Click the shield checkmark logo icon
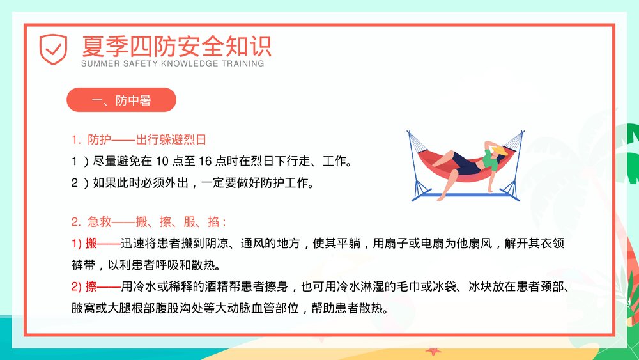[53, 49]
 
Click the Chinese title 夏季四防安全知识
[176, 45]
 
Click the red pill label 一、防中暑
[121, 100]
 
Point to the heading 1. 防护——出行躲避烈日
[139, 139]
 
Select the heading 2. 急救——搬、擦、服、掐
[149, 222]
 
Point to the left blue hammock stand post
[415, 173]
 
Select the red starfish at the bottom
[434, 351]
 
